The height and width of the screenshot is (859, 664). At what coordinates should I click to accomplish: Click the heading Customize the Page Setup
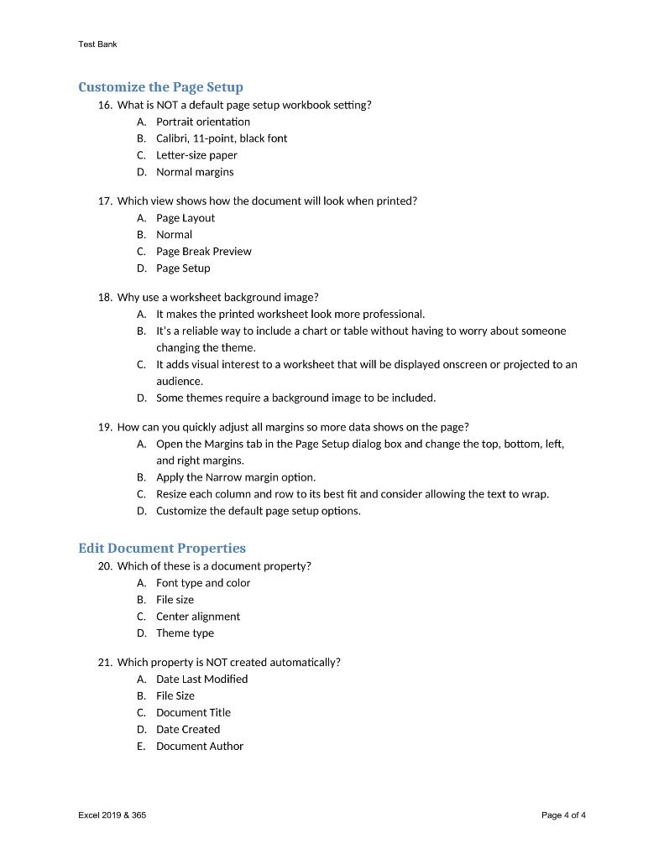160,87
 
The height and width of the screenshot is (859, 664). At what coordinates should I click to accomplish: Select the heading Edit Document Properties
162,548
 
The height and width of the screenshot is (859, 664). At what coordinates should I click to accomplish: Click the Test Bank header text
97,44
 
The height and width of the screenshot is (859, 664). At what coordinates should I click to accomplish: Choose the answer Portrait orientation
202,122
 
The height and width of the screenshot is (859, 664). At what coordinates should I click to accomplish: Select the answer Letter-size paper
196,155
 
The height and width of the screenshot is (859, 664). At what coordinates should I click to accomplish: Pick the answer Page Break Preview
203,251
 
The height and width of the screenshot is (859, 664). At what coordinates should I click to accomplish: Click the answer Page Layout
185,218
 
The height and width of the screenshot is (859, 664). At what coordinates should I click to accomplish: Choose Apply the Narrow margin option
235,477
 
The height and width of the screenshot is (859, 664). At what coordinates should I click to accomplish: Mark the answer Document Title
193,712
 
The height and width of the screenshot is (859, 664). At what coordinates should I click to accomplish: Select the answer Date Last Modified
201,679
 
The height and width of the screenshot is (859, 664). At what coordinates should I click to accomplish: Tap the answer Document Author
199,746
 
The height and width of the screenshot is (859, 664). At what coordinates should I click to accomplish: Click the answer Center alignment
197,616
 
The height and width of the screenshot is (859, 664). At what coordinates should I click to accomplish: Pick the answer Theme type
185,633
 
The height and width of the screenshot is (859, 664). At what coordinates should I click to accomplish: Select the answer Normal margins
195,172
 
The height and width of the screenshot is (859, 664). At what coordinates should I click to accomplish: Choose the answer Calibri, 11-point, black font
222,138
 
